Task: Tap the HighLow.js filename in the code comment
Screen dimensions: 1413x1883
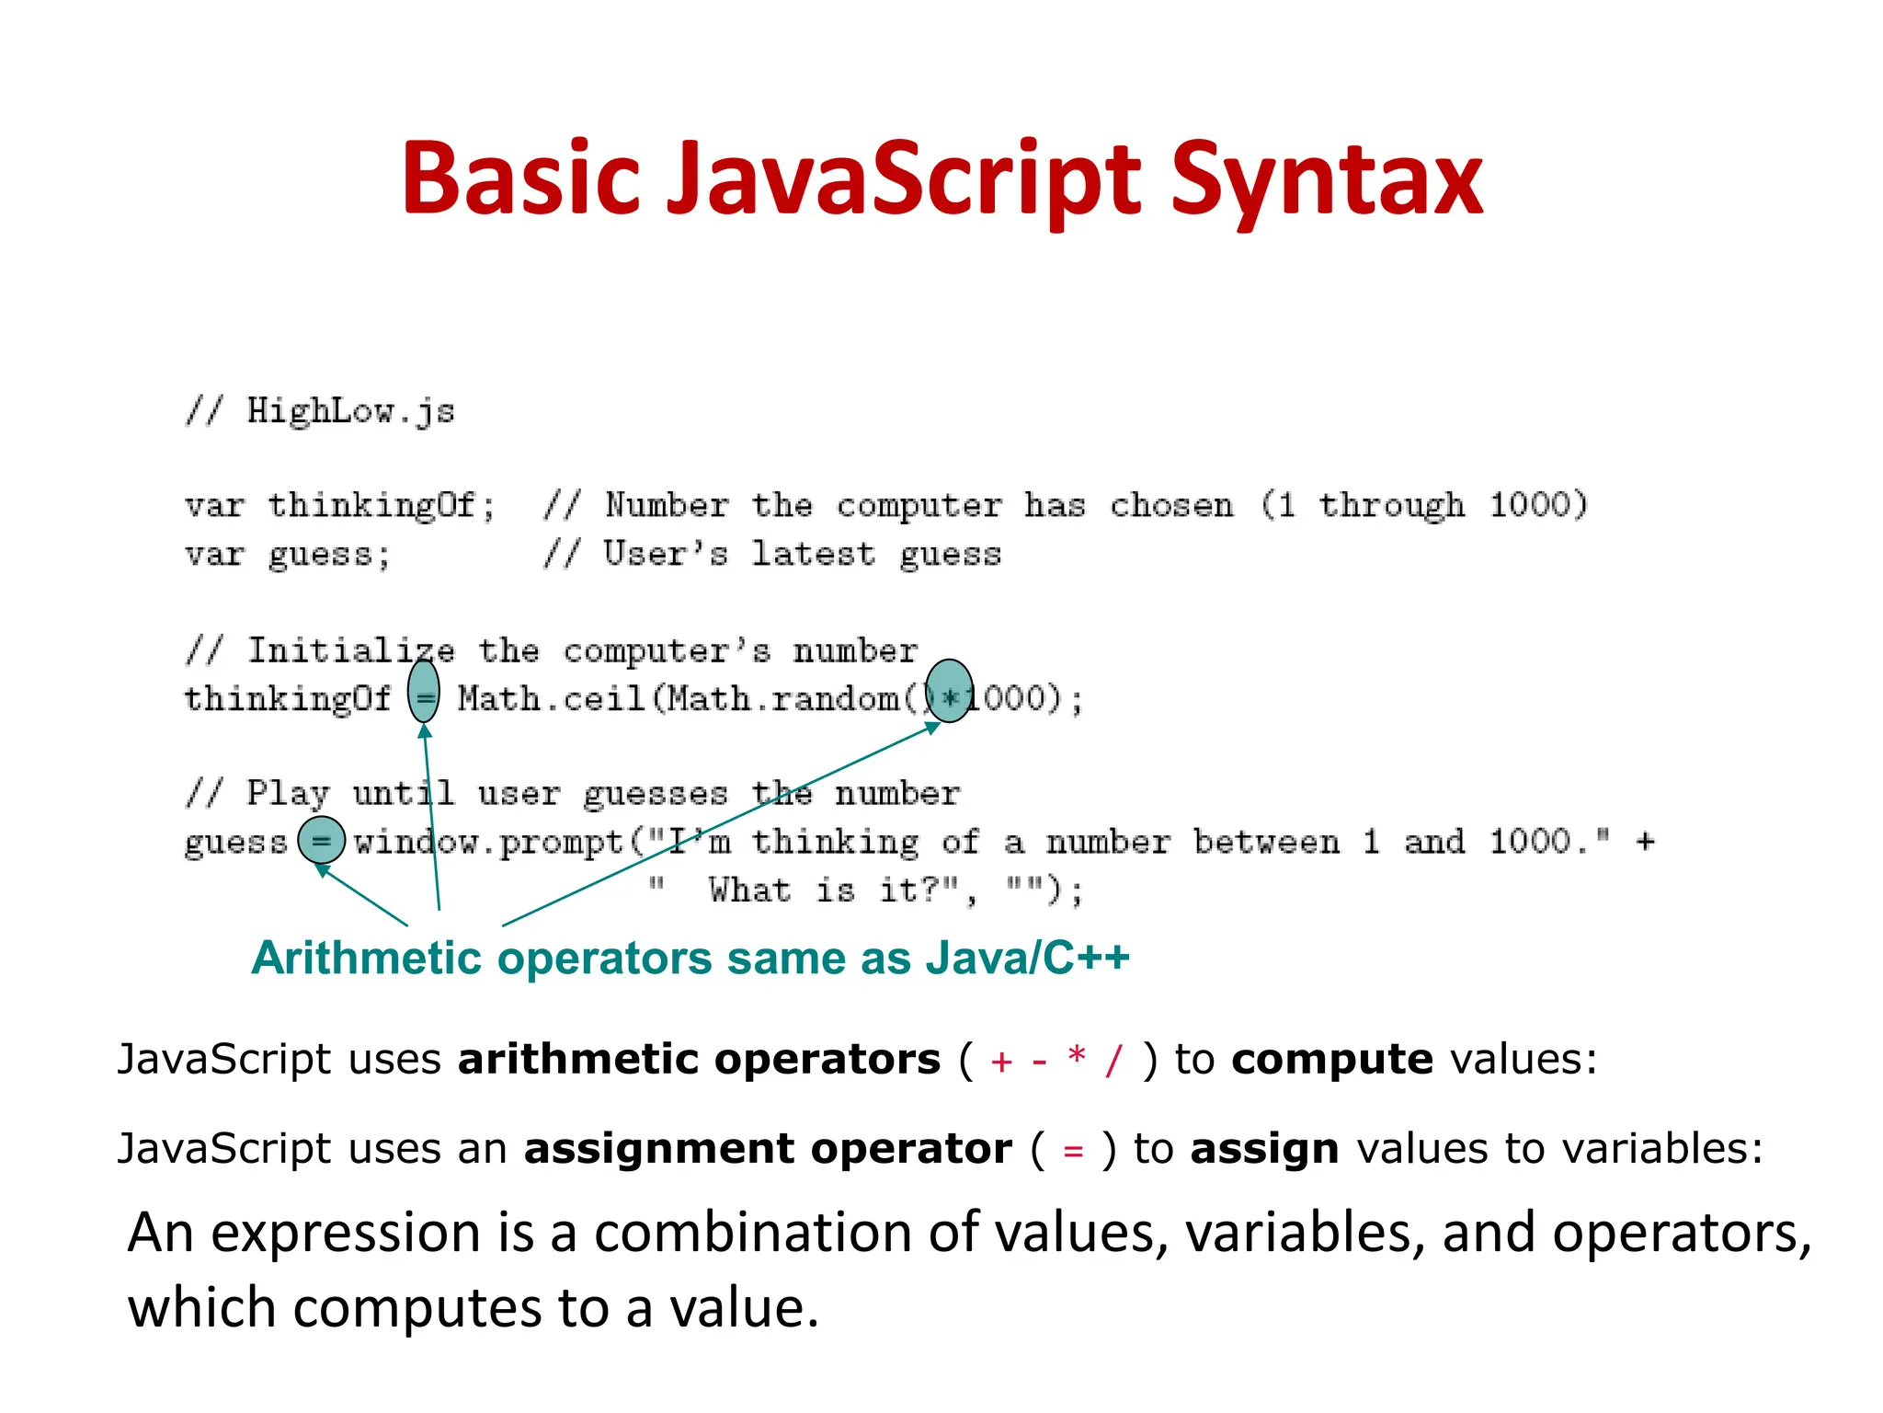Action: (350, 411)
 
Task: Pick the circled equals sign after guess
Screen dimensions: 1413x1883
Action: (321, 840)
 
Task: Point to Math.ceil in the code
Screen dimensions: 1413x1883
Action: (552, 698)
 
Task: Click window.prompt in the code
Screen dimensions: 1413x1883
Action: (488, 843)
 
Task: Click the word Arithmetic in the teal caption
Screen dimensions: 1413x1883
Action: (367, 959)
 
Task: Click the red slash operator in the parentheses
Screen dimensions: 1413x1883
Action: (1113, 1061)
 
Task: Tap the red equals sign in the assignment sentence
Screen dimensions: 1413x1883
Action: (1073, 1151)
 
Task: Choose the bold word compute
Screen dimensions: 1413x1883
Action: (1331, 1060)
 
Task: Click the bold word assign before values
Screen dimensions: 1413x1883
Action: (1264, 1150)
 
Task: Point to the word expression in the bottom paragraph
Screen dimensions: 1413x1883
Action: (345, 1233)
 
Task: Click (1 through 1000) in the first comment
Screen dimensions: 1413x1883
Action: (1423, 505)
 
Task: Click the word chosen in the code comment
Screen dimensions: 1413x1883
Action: (1171, 505)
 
